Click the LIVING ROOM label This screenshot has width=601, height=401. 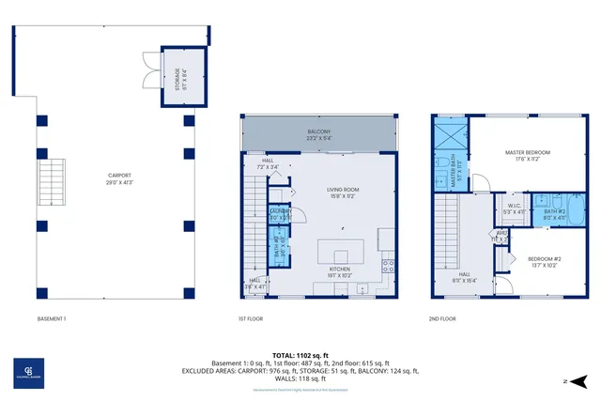tap(343, 193)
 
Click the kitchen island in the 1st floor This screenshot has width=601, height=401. tap(339, 253)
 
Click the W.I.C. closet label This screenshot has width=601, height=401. tap(514, 208)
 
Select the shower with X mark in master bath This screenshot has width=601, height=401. tap(448, 131)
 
